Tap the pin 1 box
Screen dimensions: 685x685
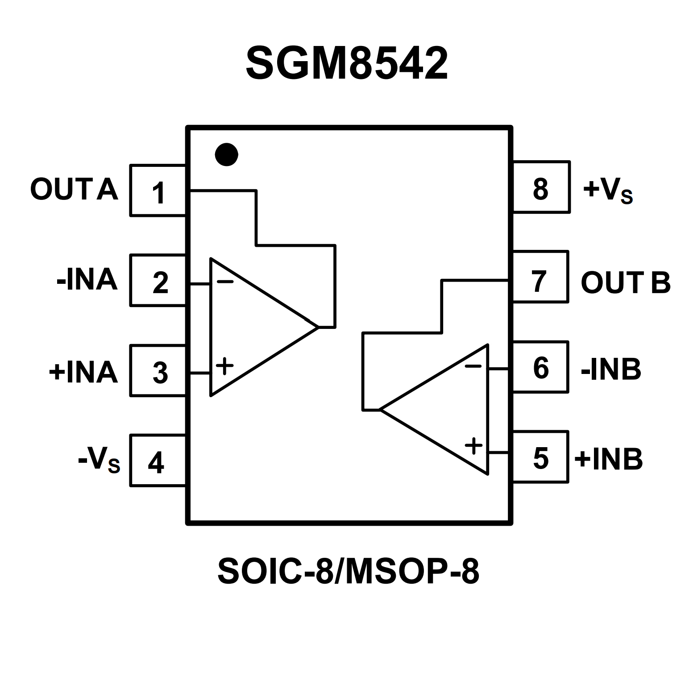(x=158, y=191)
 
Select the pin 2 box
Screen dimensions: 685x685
(x=158, y=281)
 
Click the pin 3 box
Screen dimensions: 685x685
(x=158, y=371)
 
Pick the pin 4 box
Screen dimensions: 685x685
(x=158, y=461)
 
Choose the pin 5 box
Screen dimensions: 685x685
(x=541, y=457)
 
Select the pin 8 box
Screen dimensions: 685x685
(x=541, y=187)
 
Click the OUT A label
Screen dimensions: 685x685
(x=74, y=190)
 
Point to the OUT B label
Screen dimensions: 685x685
(x=626, y=283)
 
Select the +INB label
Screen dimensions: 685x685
(x=609, y=459)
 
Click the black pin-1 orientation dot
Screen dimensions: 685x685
(x=226, y=154)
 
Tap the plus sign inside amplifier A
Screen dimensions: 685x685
(x=224, y=367)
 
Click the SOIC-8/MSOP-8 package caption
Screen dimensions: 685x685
(x=348, y=572)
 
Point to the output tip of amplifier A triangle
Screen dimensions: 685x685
(x=317, y=327)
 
